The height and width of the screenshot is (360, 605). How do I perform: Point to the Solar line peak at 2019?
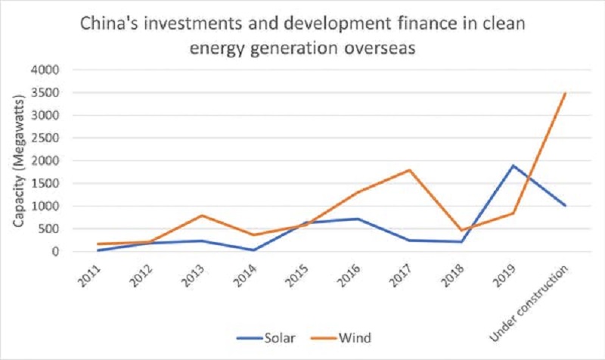(x=513, y=166)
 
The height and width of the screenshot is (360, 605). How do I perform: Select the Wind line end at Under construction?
(x=565, y=92)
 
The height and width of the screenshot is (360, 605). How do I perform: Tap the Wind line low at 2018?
(x=462, y=230)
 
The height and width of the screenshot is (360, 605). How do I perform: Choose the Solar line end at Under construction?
(x=565, y=206)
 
